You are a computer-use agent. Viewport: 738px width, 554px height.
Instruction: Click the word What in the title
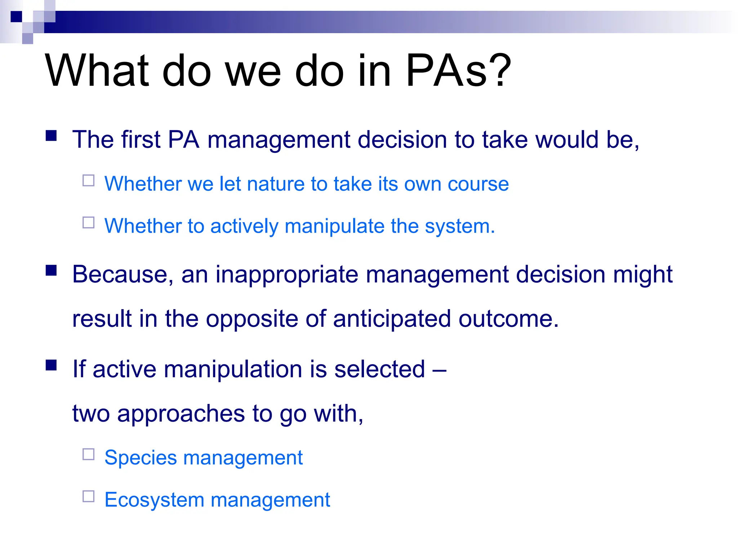pos(97,70)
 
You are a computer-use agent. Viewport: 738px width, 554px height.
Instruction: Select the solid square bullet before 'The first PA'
pos(51,136)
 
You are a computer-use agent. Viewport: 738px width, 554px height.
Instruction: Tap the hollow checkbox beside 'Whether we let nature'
pos(88,180)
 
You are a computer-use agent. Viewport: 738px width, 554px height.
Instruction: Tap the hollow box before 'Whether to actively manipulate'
pos(88,223)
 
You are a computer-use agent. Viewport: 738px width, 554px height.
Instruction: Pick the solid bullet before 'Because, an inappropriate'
pos(51,271)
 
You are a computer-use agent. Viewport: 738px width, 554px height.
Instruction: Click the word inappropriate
pos(287,275)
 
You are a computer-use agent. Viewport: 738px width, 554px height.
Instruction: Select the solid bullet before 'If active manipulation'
pos(51,365)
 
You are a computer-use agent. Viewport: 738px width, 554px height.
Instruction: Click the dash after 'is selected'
pos(439,370)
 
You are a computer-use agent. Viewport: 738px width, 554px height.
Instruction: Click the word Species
pos(141,458)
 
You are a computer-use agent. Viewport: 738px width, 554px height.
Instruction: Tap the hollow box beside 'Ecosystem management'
pos(88,496)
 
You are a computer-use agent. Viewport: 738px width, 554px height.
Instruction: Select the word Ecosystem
pos(154,500)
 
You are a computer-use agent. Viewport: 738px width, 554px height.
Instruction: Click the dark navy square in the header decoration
pos(16,17)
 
